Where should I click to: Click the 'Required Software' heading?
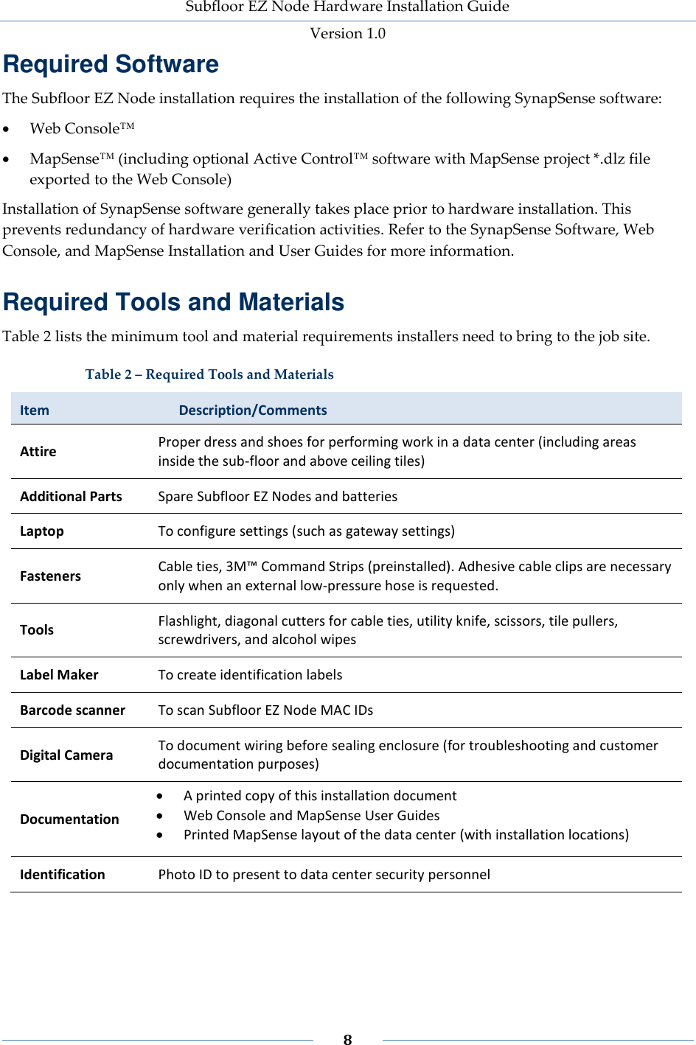[111, 64]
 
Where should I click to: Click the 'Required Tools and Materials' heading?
[173, 302]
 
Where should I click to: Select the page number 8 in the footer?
[347, 1039]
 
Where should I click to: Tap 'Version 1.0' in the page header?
[347, 33]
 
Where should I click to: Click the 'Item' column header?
[35, 410]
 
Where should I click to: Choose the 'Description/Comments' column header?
[253, 410]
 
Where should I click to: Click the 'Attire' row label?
[38, 452]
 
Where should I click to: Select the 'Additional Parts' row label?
[71, 497]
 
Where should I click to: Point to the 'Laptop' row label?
[42, 531]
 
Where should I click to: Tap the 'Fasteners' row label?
[50, 576]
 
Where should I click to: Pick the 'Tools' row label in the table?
[37, 630]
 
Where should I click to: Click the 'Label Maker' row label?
[59, 675]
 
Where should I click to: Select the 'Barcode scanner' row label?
[72, 710]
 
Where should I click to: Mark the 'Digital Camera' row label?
[66, 755]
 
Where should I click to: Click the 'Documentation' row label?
[69, 819]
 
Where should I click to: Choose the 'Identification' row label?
[63, 875]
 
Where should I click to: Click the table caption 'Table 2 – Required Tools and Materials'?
[209, 374]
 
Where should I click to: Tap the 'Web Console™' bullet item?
[82, 128]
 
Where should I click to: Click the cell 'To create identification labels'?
[250, 675]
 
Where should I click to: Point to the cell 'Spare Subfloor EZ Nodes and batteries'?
[277, 497]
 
